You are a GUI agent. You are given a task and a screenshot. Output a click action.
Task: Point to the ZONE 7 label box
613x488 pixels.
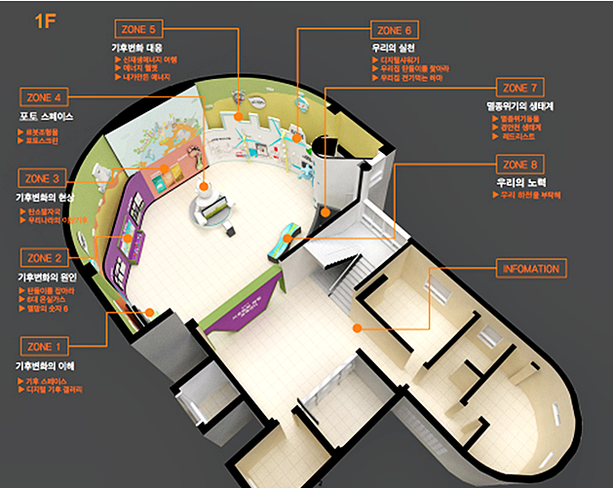click(524, 88)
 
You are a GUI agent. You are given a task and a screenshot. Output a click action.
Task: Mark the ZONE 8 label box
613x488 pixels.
click(524, 165)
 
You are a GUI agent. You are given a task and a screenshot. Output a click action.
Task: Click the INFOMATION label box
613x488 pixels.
click(530, 268)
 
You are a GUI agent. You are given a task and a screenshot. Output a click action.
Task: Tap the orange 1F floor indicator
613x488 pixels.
click(45, 20)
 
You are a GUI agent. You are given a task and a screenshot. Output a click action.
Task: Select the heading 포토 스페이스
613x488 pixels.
click(47, 117)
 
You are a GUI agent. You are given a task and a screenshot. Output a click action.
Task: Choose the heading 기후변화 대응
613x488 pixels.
click(140, 46)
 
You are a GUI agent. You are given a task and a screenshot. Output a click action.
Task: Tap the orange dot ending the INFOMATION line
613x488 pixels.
click(358, 329)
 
